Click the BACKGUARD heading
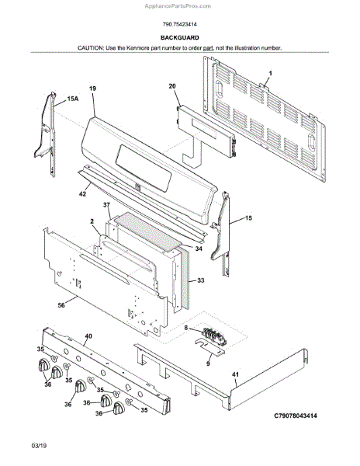click(x=180, y=38)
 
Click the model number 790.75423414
click(x=180, y=24)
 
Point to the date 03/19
click(x=39, y=446)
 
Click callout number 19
click(x=92, y=89)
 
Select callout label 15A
click(x=73, y=99)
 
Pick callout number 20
click(x=172, y=86)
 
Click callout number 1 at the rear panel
click(x=270, y=73)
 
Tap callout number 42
click(x=82, y=193)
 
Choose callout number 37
click(x=106, y=205)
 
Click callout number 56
click(x=61, y=305)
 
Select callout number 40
click(x=88, y=336)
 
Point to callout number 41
click(x=235, y=374)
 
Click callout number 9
click(x=208, y=363)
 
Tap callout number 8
click(x=186, y=328)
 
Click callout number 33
click(x=201, y=280)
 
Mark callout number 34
click(x=199, y=249)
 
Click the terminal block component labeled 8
click(x=214, y=336)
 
